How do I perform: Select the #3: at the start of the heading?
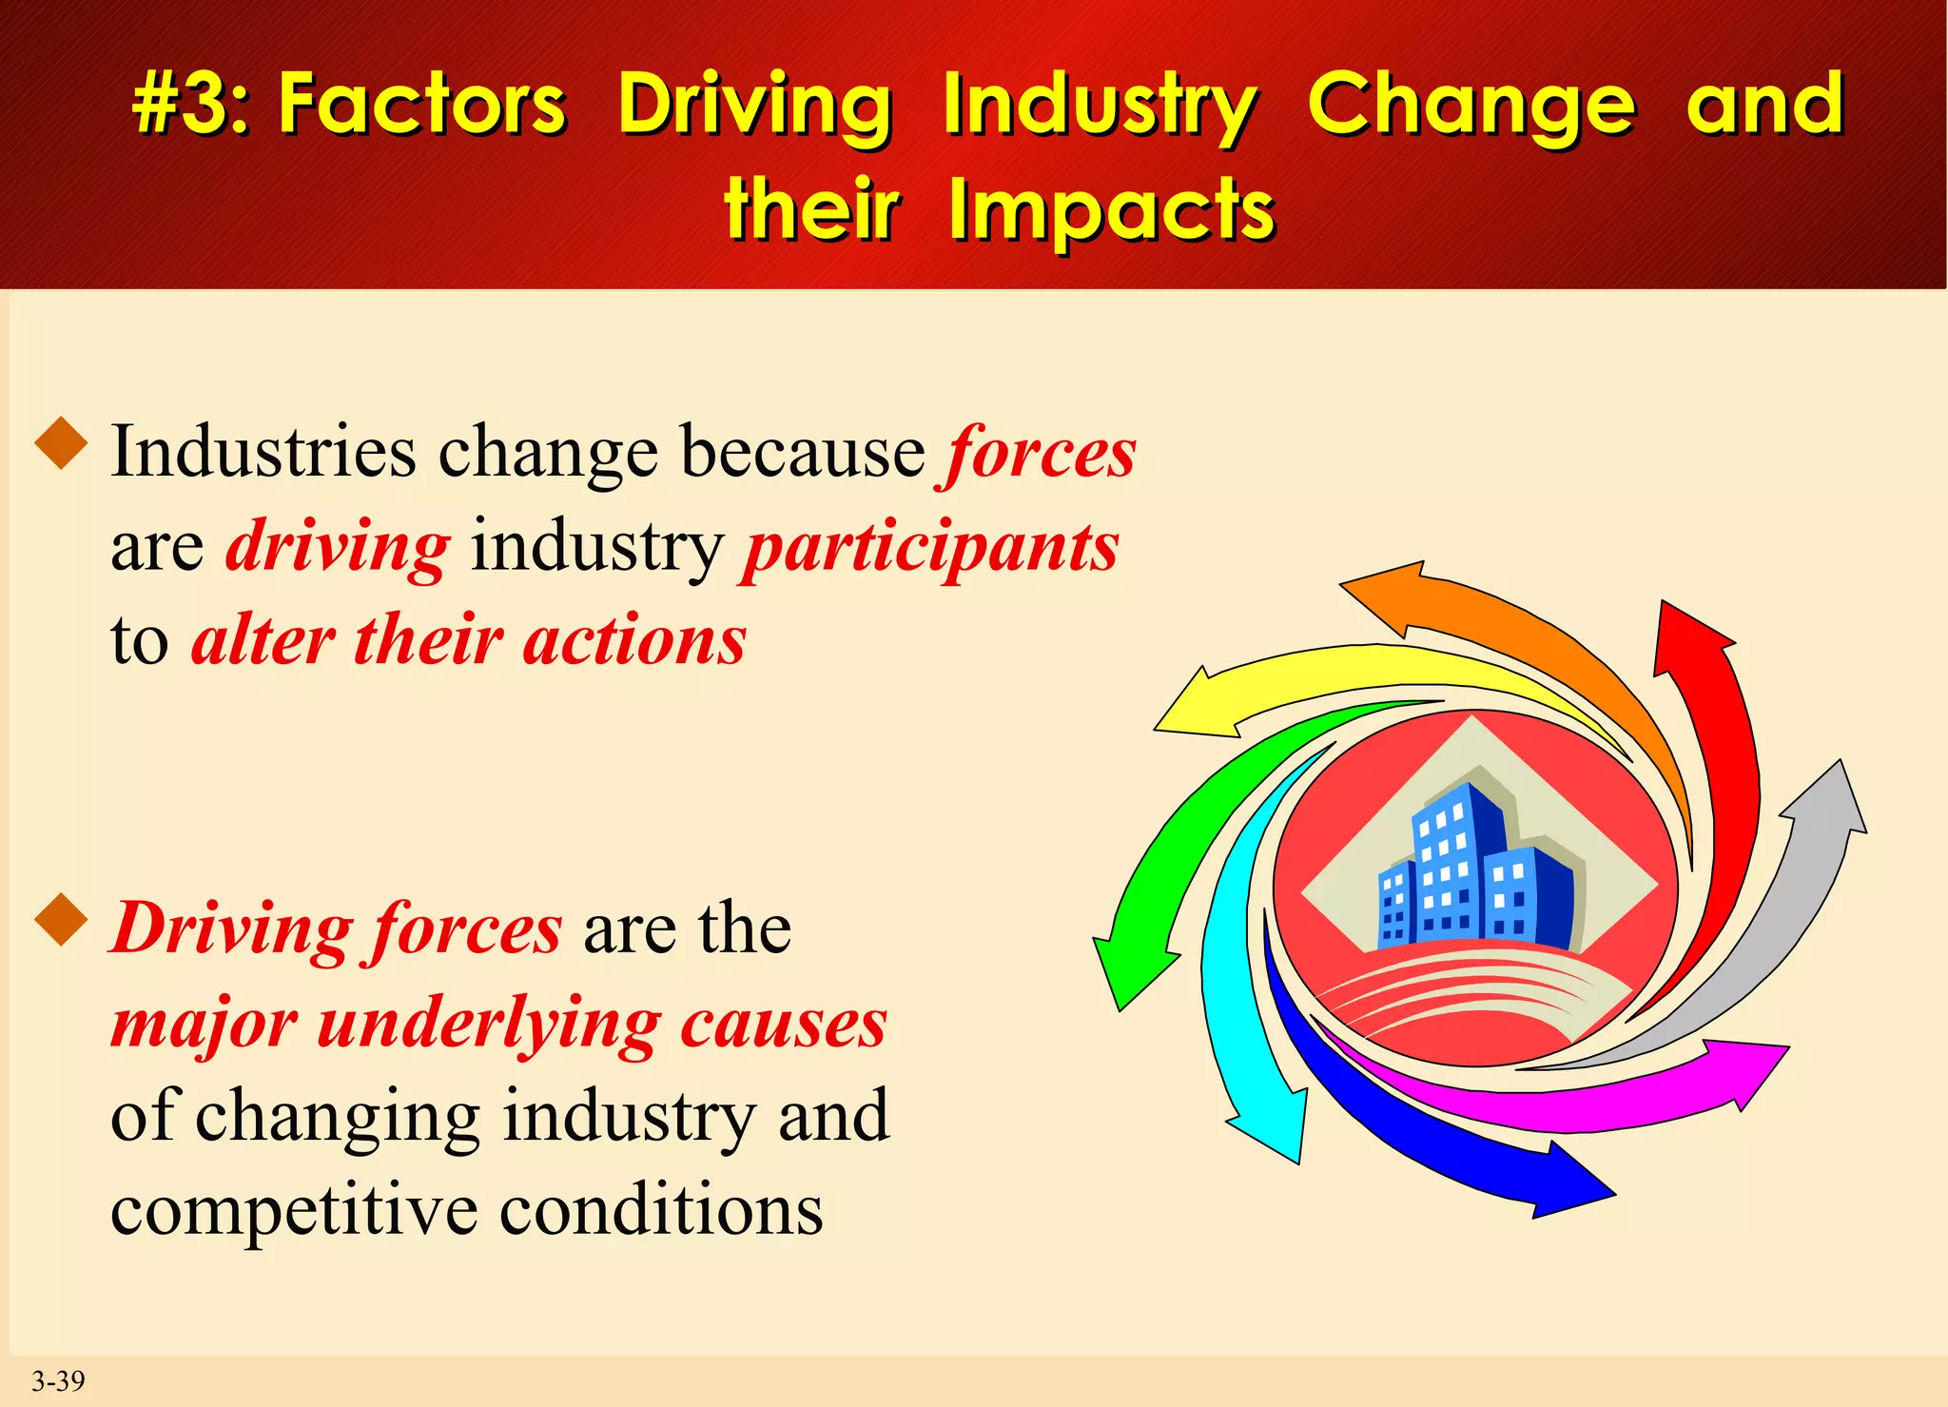click(x=191, y=105)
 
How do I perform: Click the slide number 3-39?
click(x=58, y=1380)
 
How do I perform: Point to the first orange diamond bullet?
click(x=62, y=443)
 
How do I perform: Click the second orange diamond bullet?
click(x=62, y=920)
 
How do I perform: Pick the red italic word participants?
click(x=930, y=549)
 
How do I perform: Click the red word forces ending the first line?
click(x=1040, y=453)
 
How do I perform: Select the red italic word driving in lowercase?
click(x=337, y=549)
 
